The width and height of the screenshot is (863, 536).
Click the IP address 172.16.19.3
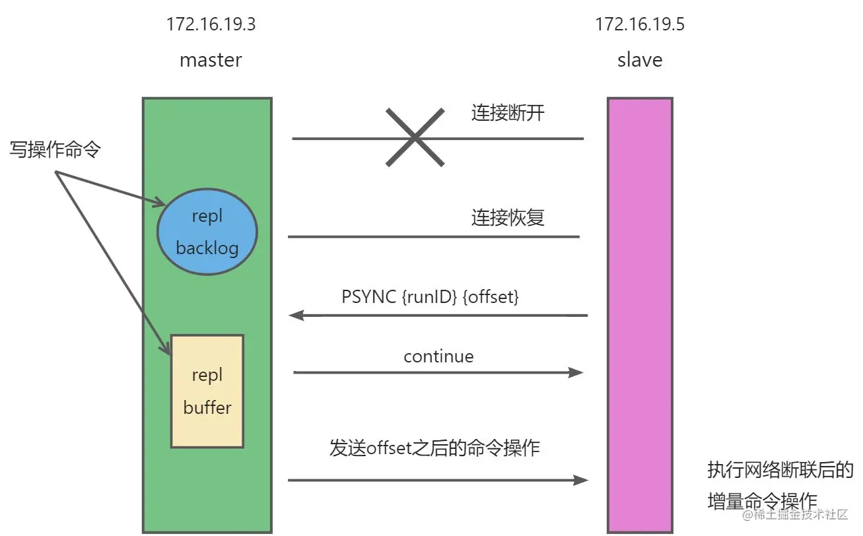point(211,26)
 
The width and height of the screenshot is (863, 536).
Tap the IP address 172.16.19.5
point(640,26)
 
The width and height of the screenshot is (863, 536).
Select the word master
point(211,60)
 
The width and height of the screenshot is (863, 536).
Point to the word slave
point(640,60)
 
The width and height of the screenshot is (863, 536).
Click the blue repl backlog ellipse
point(207,232)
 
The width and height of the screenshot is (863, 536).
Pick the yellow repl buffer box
point(207,391)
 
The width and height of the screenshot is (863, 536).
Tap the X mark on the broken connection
point(415,137)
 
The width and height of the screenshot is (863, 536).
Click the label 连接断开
point(508,112)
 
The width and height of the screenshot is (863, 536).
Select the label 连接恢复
point(508,218)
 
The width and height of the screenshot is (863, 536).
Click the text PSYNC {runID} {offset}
point(431,297)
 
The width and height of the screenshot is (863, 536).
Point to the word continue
point(438,356)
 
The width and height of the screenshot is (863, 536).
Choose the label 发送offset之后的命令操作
point(434,448)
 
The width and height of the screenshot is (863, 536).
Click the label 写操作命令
point(55,150)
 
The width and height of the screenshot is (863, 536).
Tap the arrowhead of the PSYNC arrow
point(295,316)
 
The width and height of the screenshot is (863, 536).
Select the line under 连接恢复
point(433,236)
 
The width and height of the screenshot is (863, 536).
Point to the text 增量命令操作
point(762,500)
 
